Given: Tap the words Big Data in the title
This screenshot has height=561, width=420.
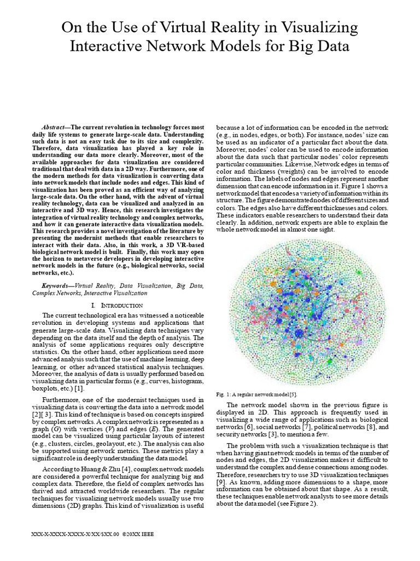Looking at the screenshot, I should pyautogui.click(x=319, y=48).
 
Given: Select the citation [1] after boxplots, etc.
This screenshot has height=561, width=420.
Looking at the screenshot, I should pyautogui.click(x=79, y=388).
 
